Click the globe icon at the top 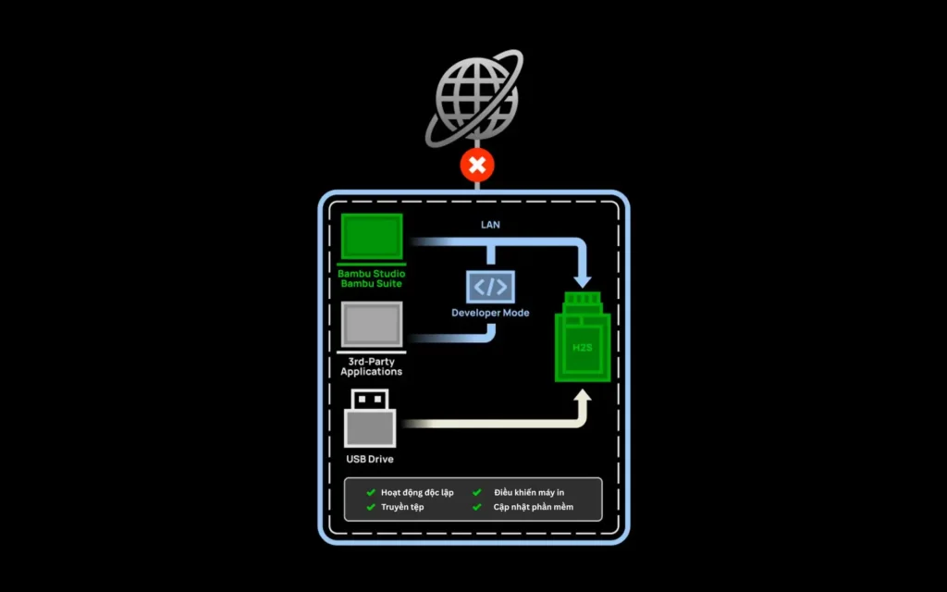(475, 98)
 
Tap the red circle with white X (477, 165)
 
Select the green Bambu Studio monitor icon (372, 240)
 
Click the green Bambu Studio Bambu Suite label (372, 278)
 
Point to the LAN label (490, 225)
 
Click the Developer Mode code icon (490, 287)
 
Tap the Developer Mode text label (490, 313)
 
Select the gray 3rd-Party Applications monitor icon (372, 327)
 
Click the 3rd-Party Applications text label (372, 366)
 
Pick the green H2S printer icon (583, 337)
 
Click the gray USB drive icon (370, 418)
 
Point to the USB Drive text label (370, 459)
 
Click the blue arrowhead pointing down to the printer (583, 280)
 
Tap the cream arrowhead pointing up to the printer (583, 396)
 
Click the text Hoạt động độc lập (417, 493)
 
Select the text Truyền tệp (402, 508)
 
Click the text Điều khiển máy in (529, 492)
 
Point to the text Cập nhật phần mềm (534, 507)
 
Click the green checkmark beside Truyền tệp (371, 507)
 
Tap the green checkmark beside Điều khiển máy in (477, 492)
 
